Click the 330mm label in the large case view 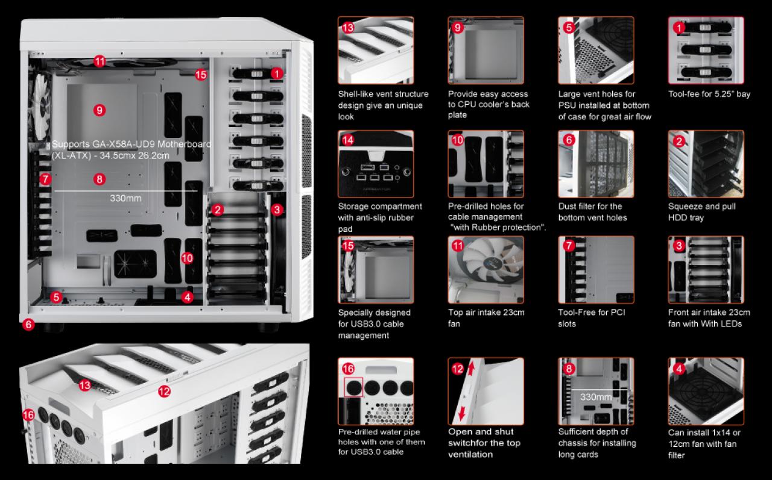tap(126, 198)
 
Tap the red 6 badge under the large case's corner tap(28, 324)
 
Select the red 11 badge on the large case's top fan tap(100, 61)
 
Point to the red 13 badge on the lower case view tap(85, 385)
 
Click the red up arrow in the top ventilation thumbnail tap(471, 369)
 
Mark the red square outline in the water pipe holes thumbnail tap(353, 387)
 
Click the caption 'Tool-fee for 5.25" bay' tap(709, 94)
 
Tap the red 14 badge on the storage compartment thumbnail tap(348, 140)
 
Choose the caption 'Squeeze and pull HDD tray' tap(701, 211)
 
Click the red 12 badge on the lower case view tap(165, 391)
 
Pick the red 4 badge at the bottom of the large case tap(187, 297)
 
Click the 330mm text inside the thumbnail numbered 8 tap(596, 397)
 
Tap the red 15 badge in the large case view tap(201, 75)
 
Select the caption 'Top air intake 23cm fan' tap(486, 317)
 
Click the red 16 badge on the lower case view tap(28, 415)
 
